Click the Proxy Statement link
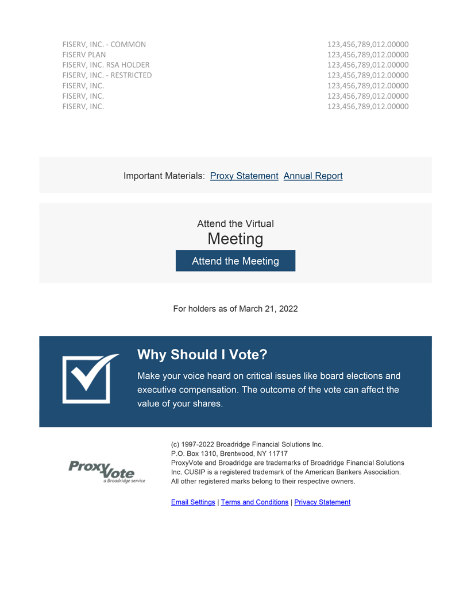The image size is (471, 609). coord(244,176)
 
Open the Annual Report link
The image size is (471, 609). coord(313,176)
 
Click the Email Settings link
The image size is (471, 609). coord(193,502)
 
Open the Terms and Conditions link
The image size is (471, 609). coord(254,502)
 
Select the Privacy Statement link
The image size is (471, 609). coord(322,502)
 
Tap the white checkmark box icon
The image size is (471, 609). coord(88,378)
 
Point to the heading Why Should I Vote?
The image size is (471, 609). coord(202,355)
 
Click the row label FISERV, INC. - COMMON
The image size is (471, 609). coord(104,44)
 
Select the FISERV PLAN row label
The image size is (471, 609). coord(84,55)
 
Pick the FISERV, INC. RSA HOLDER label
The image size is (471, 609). coord(106,65)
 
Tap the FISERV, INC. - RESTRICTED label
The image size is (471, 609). coord(107,75)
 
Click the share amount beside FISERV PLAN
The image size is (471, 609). coord(368,55)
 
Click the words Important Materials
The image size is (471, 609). coord(164,176)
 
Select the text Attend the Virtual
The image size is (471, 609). coord(235,224)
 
